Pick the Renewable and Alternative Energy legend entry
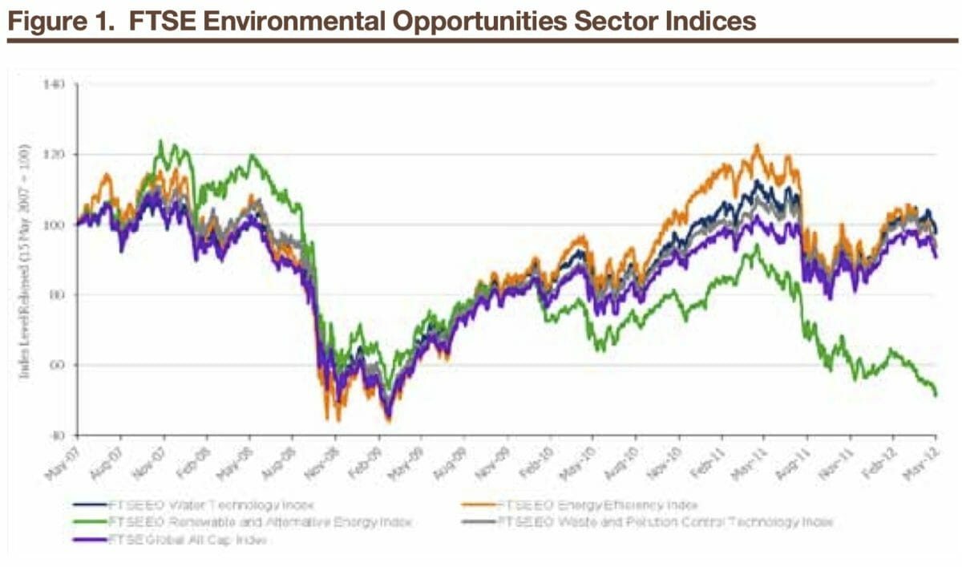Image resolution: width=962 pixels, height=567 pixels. point(240,521)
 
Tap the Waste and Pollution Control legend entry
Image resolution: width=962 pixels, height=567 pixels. point(665,521)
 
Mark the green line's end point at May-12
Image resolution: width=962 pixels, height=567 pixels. point(936,393)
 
